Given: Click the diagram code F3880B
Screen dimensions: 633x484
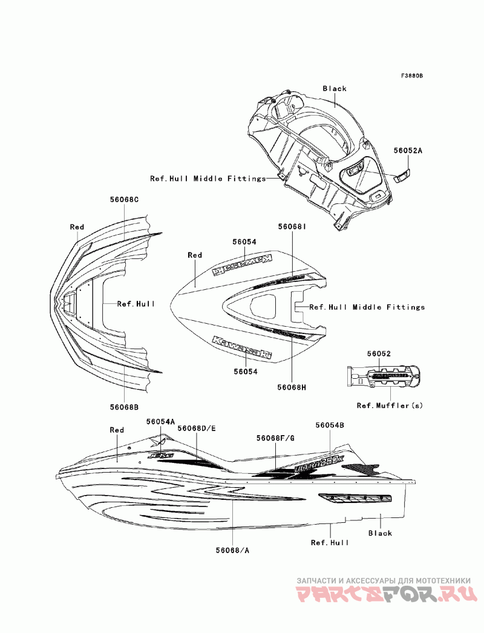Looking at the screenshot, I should (411, 76).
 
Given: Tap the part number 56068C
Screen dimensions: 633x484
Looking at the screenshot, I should (125, 199).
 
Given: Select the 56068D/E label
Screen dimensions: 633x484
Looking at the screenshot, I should (197, 428).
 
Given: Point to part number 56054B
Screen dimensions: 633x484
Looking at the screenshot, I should (330, 425).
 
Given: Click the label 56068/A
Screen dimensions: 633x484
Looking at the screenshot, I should (232, 550).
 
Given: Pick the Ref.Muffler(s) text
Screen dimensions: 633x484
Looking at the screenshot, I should (390, 405).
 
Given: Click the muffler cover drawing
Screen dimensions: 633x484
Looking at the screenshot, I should (381, 376).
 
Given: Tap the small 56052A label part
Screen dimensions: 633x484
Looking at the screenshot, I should (402, 176).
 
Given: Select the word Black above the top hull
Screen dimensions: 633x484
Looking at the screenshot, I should (335, 88).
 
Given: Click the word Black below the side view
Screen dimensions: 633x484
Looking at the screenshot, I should (380, 533).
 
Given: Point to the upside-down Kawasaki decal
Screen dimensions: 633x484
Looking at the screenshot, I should (241, 264).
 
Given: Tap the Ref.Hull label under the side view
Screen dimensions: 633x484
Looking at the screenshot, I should (330, 543).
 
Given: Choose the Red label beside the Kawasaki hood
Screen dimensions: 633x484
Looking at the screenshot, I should (195, 255).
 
